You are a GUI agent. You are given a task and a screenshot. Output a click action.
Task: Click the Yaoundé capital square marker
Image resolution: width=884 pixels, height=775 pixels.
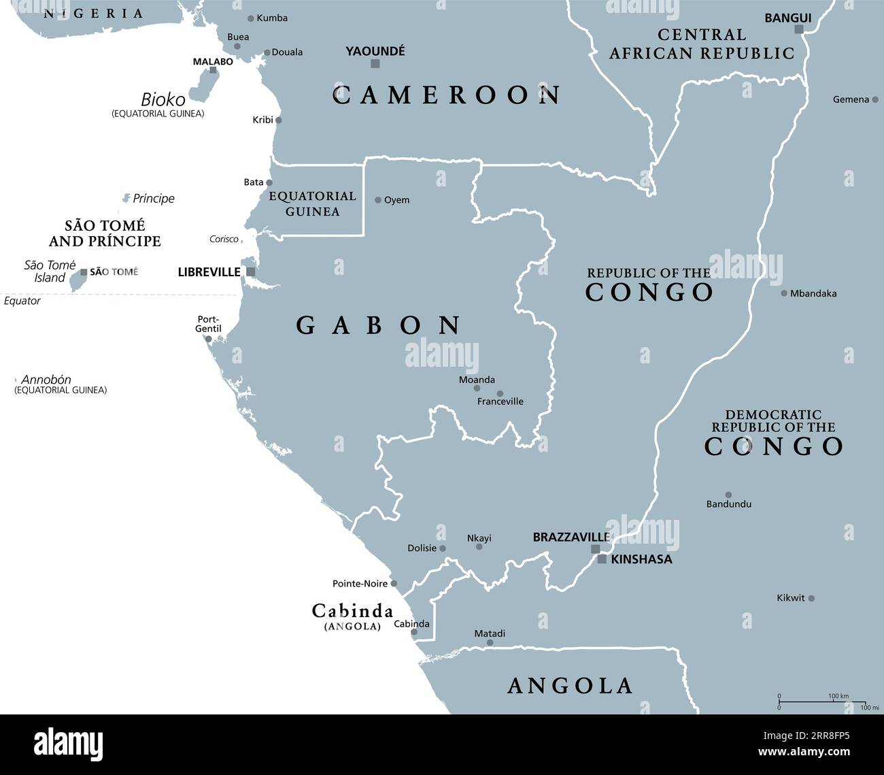click(375, 64)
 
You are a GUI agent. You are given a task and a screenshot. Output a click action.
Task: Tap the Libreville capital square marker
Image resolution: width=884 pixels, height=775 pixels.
click(251, 272)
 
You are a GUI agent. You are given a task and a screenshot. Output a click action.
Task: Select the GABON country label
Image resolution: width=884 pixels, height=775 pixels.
click(379, 326)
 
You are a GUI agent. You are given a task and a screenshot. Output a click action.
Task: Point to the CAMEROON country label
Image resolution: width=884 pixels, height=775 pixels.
click(447, 95)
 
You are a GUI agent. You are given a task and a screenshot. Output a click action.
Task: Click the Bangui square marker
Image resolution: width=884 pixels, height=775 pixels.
click(799, 29)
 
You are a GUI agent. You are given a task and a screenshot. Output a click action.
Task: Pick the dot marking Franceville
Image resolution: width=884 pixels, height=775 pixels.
click(500, 393)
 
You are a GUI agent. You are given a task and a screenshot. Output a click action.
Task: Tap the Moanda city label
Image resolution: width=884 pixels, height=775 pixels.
click(477, 380)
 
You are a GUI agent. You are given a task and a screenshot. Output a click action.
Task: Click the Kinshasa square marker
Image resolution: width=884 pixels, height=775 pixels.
click(602, 559)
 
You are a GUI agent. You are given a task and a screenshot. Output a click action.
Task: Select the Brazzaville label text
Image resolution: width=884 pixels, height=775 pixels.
click(571, 538)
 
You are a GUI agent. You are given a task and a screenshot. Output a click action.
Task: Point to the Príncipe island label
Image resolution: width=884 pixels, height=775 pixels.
click(154, 199)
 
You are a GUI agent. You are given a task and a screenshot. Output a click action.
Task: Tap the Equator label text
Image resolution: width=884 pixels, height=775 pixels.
click(22, 301)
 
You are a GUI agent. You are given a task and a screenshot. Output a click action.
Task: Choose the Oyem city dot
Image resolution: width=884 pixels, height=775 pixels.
click(378, 200)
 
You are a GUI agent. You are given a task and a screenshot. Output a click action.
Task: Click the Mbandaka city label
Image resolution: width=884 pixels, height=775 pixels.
click(813, 294)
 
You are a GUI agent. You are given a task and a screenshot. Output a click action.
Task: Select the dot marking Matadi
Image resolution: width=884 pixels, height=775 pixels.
click(490, 642)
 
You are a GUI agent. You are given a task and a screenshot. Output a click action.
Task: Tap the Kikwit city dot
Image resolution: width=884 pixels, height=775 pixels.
click(811, 599)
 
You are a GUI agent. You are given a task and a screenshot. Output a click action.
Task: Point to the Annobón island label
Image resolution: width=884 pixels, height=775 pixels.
click(46, 380)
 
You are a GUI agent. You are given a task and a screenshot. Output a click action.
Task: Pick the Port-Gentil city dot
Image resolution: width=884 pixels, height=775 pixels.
click(209, 339)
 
